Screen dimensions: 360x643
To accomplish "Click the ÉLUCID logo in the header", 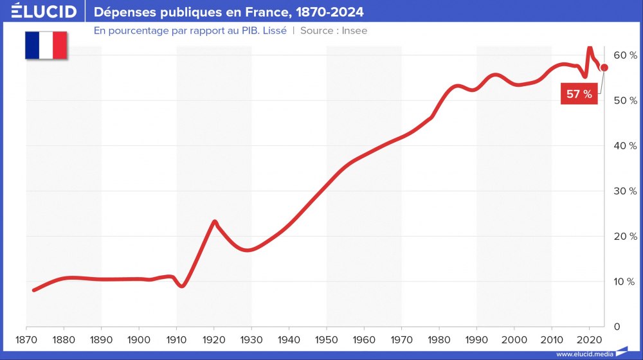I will pos(39,12).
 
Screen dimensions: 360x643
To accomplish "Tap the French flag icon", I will pos(46,44).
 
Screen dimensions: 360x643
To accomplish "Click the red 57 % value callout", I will pos(579,94).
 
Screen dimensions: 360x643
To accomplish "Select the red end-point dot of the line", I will pos(604,67).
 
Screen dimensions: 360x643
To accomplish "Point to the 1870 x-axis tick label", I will pos(26,339).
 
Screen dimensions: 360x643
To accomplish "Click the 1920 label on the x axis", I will pos(214,339).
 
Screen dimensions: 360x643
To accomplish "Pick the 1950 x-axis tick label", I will pos(327,339).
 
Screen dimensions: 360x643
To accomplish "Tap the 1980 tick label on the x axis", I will pos(439,339).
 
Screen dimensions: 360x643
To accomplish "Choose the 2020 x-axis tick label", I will pos(589,339).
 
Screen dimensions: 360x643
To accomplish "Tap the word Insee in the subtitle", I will pos(354,30).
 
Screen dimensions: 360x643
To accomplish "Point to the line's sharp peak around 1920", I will pos(214,221).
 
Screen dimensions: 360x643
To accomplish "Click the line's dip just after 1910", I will pos(182,286).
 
